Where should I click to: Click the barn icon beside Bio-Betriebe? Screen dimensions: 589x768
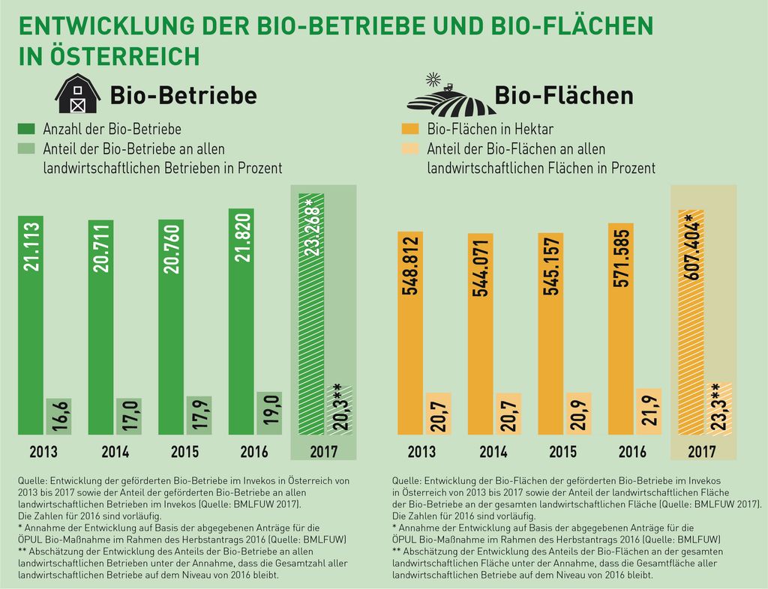(78, 94)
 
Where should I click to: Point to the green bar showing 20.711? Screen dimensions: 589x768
(101, 327)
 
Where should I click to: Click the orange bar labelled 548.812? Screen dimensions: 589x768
(410, 333)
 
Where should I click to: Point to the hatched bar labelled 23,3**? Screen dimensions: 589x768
(719, 408)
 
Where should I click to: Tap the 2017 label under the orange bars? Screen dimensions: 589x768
(701, 452)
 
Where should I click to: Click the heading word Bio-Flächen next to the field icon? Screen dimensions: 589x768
(564, 95)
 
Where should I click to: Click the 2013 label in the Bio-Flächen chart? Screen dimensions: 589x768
(421, 452)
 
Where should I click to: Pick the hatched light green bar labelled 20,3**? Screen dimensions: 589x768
(339, 408)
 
